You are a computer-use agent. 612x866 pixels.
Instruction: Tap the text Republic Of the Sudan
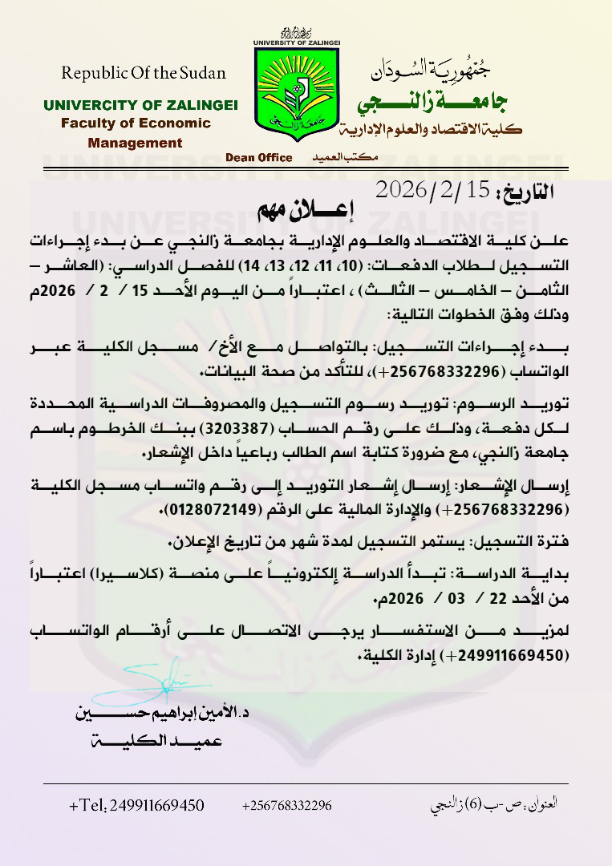pyautogui.click(x=144, y=73)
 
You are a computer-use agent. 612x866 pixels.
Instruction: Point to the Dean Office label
pyautogui.click(x=259, y=158)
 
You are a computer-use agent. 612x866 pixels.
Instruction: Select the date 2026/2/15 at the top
pyautogui.click(x=432, y=190)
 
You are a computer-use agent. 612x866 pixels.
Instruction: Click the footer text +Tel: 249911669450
pyautogui.click(x=137, y=806)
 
